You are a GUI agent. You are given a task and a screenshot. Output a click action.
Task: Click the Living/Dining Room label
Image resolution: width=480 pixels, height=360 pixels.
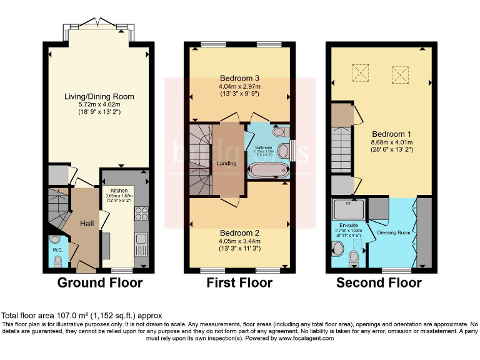point(99,96)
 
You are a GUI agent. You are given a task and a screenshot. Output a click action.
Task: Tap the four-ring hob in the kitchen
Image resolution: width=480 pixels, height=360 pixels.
point(140,214)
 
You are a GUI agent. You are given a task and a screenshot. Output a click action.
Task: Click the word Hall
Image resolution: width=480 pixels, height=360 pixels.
point(87,223)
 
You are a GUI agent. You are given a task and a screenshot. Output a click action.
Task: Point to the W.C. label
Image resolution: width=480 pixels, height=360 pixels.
point(57,250)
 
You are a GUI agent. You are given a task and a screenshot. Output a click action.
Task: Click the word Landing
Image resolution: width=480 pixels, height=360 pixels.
point(226,164)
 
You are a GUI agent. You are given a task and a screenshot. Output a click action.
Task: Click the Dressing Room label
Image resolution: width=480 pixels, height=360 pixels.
point(392,233)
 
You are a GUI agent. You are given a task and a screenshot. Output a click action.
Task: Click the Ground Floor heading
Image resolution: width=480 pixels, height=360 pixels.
point(100,283)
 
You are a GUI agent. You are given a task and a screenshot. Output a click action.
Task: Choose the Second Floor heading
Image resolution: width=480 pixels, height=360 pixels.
point(379,283)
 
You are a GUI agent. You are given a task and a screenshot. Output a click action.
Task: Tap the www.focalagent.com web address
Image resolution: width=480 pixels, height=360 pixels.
point(300,338)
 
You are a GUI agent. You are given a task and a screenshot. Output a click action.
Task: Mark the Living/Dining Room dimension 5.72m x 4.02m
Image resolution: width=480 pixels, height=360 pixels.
point(99,104)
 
